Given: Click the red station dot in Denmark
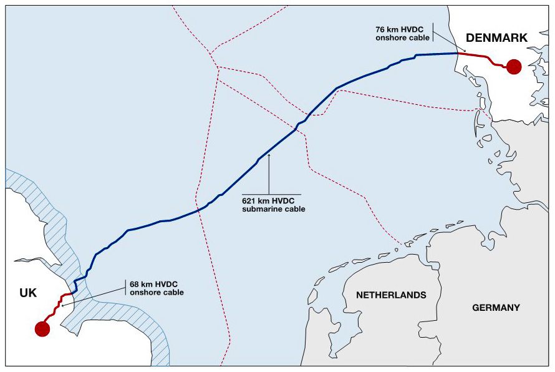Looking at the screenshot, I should (x=513, y=67).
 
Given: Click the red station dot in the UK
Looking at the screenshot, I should (x=42, y=328).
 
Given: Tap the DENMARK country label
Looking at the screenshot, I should (x=496, y=38).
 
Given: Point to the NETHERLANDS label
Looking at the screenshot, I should (x=391, y=295).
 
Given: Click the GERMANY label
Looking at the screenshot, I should (x=496, y=308).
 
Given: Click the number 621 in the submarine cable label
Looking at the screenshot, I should (x=249, y=201).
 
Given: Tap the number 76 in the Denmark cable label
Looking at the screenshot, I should (x=380, y=29).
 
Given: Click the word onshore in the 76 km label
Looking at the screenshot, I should (x=390, y=38).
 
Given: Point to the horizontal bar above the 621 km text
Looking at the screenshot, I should (x=271, y=195).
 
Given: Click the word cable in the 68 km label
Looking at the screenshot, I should (x=172, y=292).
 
